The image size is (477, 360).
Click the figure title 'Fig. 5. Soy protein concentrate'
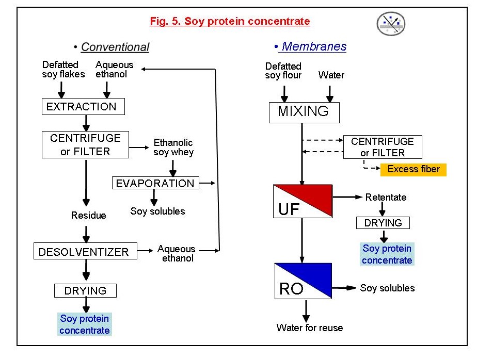(230, 21)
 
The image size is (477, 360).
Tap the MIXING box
(304, 112)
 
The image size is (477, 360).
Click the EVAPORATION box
(155, 183)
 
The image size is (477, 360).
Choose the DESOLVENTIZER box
(84, 252)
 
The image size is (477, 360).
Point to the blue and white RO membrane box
(303, 282)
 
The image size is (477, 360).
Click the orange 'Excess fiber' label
(414, 169)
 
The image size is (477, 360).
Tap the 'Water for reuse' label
(309, 328)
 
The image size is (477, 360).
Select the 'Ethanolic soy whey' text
(173, 147)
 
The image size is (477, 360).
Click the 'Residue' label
(88, 216)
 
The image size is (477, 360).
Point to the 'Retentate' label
(386, 197)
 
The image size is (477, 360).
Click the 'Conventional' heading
(115, 47)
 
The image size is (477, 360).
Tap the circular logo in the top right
(391, 24)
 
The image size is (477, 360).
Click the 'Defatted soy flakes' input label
(60, 69)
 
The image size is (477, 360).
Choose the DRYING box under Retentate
(383, 223)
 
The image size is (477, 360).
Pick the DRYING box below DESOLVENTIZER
(85, 291)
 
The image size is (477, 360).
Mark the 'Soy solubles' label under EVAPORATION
(157, 211)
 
